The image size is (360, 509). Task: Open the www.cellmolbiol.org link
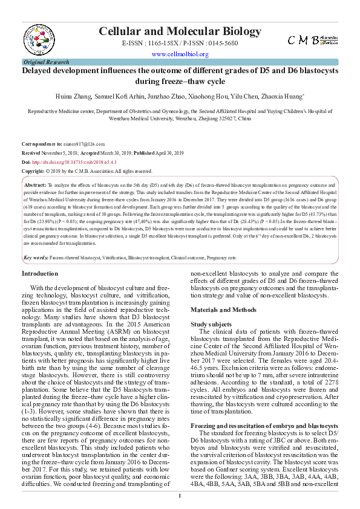pyautogui.click(x=180, y=54)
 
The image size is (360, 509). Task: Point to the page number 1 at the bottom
pyautogui.click(x=180, y=496)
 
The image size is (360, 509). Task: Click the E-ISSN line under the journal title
pyautogui.click(x=180, y=44)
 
